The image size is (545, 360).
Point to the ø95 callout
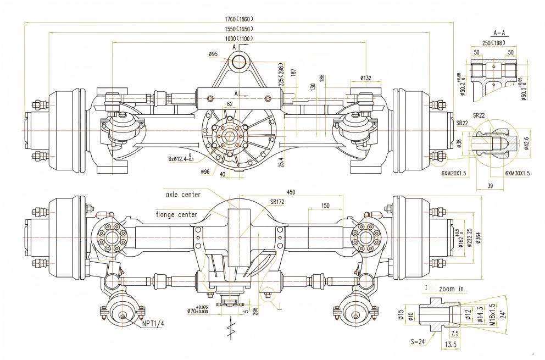point(214,54)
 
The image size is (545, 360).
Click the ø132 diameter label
point(366,78)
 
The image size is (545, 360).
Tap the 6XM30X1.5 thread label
point(517,173)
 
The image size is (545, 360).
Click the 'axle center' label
point(183,195)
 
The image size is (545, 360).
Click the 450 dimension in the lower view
point(292,192)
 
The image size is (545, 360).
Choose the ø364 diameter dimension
point(477,237)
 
